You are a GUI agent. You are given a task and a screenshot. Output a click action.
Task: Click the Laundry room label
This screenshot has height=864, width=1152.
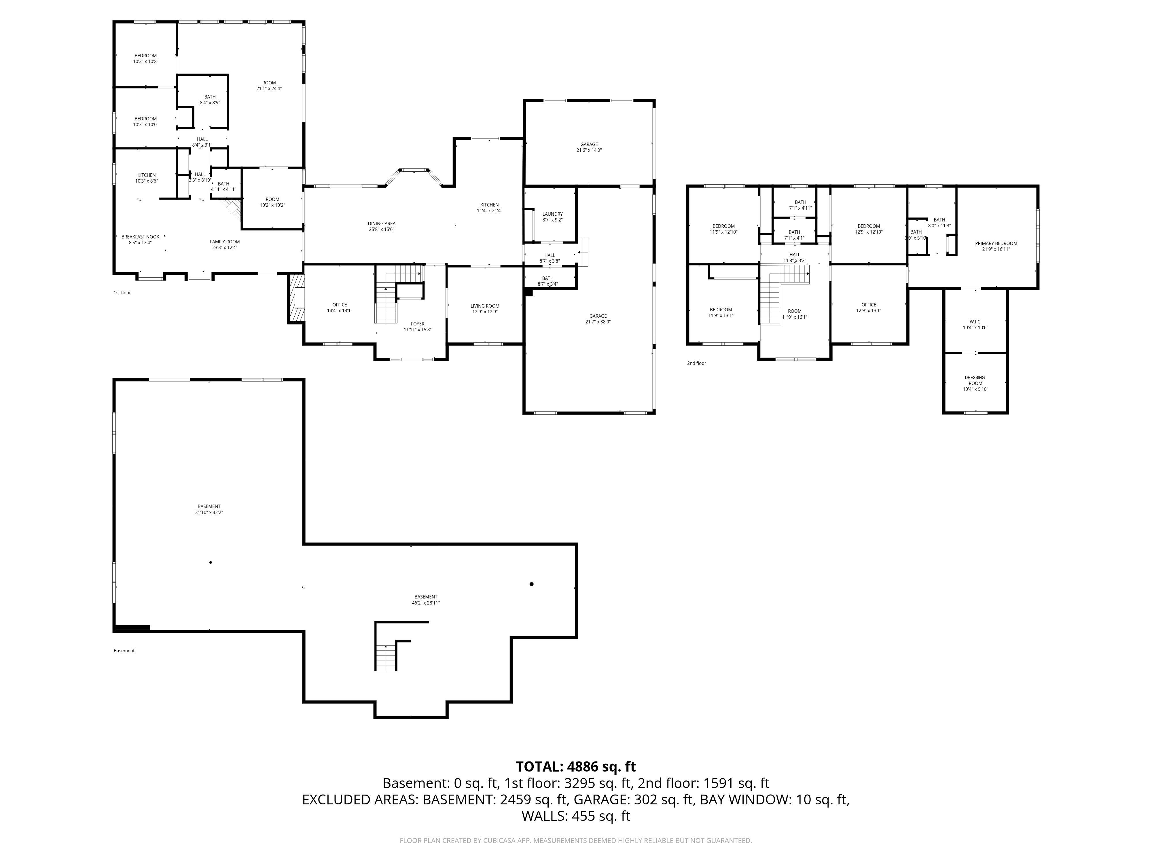click(x=553, y=217)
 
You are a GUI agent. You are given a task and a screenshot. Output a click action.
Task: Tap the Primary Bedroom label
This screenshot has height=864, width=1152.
click(x=996, y=246)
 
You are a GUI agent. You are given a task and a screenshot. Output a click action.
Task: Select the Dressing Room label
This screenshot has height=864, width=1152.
click(x=975, y=383)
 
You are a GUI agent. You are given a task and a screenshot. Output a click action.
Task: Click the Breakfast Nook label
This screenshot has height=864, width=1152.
click(x=141, y=240)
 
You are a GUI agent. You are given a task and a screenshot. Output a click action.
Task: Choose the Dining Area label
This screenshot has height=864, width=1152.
click(x=382, y=226)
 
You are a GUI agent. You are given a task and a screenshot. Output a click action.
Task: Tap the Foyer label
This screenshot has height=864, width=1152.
click(x=418, y=327)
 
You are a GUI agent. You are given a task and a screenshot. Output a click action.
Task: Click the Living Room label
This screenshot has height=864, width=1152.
click(x=485, y=309)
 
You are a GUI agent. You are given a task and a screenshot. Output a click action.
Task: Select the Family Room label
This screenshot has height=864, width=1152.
click(x=225, y=244)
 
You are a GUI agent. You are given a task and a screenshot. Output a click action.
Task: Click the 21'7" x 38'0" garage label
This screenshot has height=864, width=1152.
click(x=598, y=319)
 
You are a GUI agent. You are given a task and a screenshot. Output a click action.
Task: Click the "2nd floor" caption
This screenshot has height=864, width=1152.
click(x=696, y=363)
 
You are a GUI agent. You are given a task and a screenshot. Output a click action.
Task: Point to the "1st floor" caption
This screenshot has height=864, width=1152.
click(x=122, y=293)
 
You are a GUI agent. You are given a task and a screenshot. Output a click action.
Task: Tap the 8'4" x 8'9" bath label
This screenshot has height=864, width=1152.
click(x=210, y=99)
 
